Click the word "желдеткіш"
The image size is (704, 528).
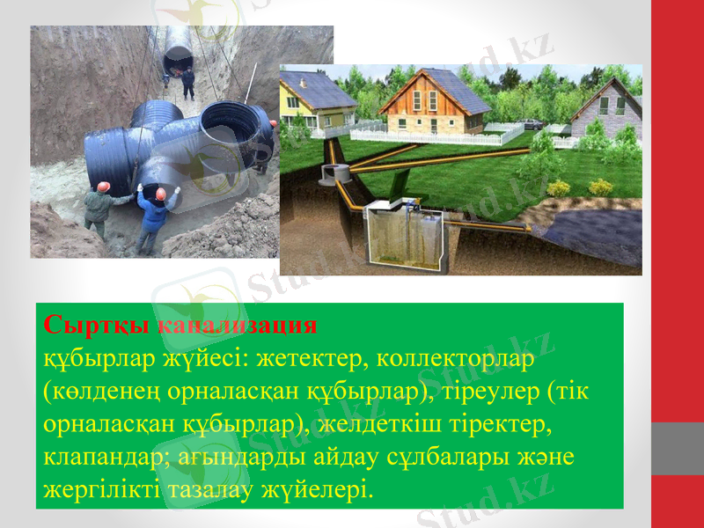click(x=384, y=426)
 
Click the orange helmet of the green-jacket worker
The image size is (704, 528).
click(x=103, y=187)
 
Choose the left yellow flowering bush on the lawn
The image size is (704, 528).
click(x=559, y=188)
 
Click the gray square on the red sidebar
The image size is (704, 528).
click(x=677, y=448)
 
